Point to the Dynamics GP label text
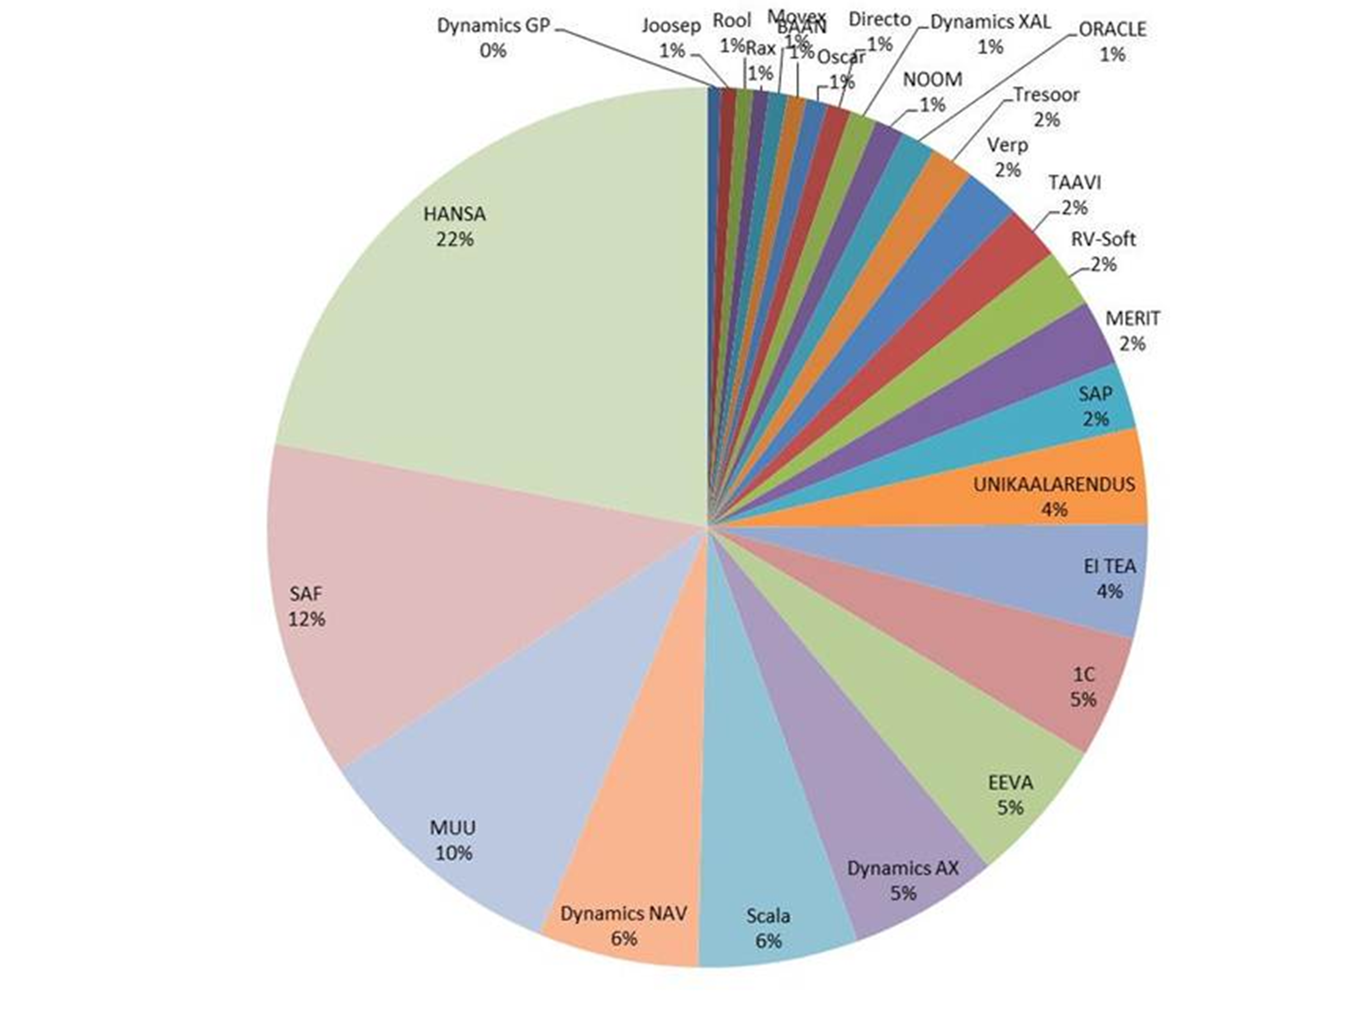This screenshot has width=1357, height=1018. [x=494, y=26]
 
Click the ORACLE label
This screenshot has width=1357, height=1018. [x=1112, y=29]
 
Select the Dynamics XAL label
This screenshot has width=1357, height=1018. [x=990, y=22]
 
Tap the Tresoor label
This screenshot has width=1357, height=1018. [x=1046, y=95]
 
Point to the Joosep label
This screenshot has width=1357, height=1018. [x=672, y=26]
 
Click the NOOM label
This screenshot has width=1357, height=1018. [x=932, y=80]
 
